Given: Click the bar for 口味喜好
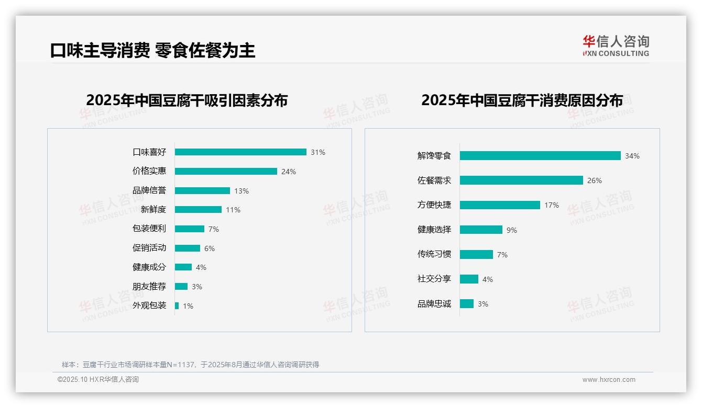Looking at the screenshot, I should point(240,152).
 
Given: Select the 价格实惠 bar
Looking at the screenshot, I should point(226,172).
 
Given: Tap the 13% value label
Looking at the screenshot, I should point(242,191).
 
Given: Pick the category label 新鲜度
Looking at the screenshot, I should point(153,210).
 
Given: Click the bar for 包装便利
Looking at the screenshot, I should point(190,229).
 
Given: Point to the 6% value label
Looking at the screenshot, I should point(210,248).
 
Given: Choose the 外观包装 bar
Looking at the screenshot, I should point(177,305).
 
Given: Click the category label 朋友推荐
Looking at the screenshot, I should point(149,287).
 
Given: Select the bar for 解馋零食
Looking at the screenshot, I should point(540,156).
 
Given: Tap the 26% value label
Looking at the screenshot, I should point(595,180).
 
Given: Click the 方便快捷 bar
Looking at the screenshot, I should point(500,205).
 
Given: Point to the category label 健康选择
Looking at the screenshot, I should point(434,230).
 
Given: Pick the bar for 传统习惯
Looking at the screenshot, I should point(476,255).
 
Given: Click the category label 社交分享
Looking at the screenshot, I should point(434,279).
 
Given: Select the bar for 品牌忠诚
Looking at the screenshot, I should point(467,304).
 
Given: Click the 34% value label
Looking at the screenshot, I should point(632,156).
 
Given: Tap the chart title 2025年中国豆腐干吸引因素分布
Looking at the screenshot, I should point(187,100).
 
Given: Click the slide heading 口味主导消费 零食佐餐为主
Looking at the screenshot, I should point(152,50).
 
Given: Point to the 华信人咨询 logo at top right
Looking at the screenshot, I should point(616,46).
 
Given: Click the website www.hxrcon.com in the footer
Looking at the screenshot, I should point(609,380).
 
